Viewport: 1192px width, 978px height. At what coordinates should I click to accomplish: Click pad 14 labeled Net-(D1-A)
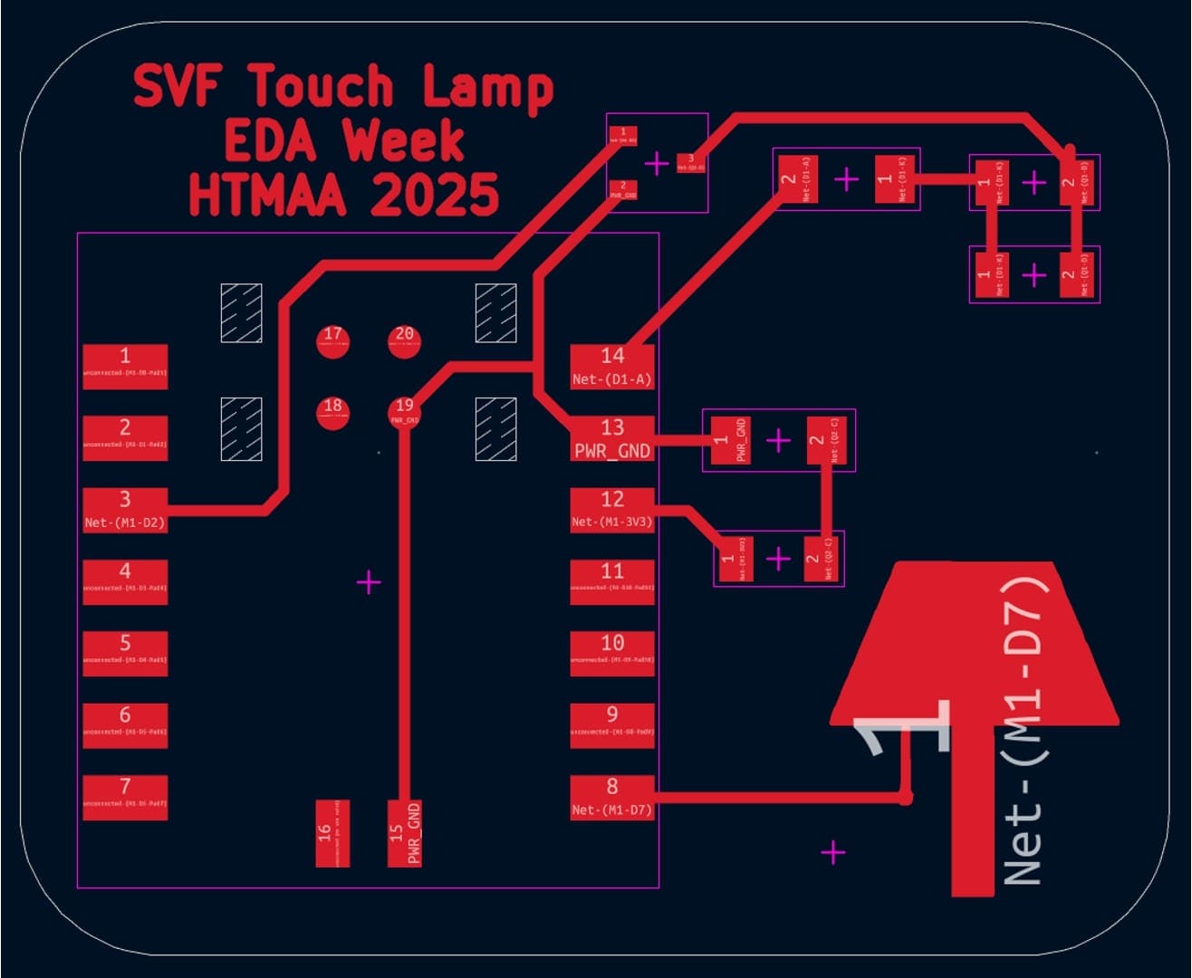click(x=612, y=366)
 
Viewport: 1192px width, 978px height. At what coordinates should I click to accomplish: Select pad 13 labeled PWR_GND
click(x=612, y=437)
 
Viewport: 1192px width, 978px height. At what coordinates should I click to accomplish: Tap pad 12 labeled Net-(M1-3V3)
click(x=612, y=509)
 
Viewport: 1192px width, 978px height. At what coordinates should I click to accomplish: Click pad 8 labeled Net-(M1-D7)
click(x=612, y=797)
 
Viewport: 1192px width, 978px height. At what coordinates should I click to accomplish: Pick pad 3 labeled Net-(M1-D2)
click(x=125, y=509)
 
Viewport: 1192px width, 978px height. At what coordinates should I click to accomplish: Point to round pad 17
click(x=333, y=340)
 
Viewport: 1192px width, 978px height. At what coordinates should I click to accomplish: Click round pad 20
click(x=404, y=340)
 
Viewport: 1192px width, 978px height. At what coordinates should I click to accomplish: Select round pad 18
click(x=333, y=412)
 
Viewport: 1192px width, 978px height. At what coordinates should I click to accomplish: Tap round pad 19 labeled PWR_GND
click(x=404, y=412)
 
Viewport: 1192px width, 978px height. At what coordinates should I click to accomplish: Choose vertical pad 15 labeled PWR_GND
click(x=404, y=832)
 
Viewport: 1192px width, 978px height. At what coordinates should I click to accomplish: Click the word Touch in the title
click(x=322, y=88)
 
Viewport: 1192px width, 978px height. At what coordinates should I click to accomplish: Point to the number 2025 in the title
click(x=434, y=195)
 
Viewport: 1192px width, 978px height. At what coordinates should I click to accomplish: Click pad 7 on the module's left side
click(x=125, y=797)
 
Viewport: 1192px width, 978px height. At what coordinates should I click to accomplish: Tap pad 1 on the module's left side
click(x=125, y=366)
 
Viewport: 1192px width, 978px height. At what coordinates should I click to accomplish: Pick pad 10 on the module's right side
click(x=612, y=653)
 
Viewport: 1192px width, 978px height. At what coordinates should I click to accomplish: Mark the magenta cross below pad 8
click(x=832, y=852)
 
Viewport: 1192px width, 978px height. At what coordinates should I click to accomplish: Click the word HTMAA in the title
click(x=267, y=195)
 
